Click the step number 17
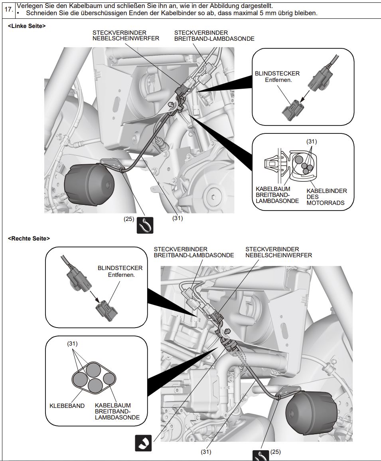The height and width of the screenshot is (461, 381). pyautogui.click(x=8, y=9)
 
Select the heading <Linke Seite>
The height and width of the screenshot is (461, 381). pyautogui.click(x=27, y=26)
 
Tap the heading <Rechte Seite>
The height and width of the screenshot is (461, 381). pyautogui.click(x=29, y=238)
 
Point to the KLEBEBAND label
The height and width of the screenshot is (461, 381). pyautogui.click(x=67, y=405)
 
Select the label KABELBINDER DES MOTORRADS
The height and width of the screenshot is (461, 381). pyautogui.click(x=327, y=197)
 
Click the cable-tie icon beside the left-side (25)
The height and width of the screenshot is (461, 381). pyautogui.click(x=145, y=225)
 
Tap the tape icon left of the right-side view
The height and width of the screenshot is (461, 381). pyautogui.click(x=143, y=443)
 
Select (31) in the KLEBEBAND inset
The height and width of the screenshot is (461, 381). pyautogui.click(x=72, y=344)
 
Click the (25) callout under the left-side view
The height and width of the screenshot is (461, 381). pyautogui.click(x=129, y=219)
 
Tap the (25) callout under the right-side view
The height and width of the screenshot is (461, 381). pyautogui.click(x=276, y=452)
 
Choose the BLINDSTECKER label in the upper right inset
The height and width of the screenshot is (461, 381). pyautogui.click(x=277, y=74)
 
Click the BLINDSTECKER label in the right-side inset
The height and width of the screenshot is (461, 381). pyautogui.click(x=120, y=268)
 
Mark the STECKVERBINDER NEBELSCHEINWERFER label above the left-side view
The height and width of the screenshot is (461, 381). pyautogui.click(x=126, y=36)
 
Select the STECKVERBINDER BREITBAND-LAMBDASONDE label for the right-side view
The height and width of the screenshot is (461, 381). pyautogui.click(x=194, y=252)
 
